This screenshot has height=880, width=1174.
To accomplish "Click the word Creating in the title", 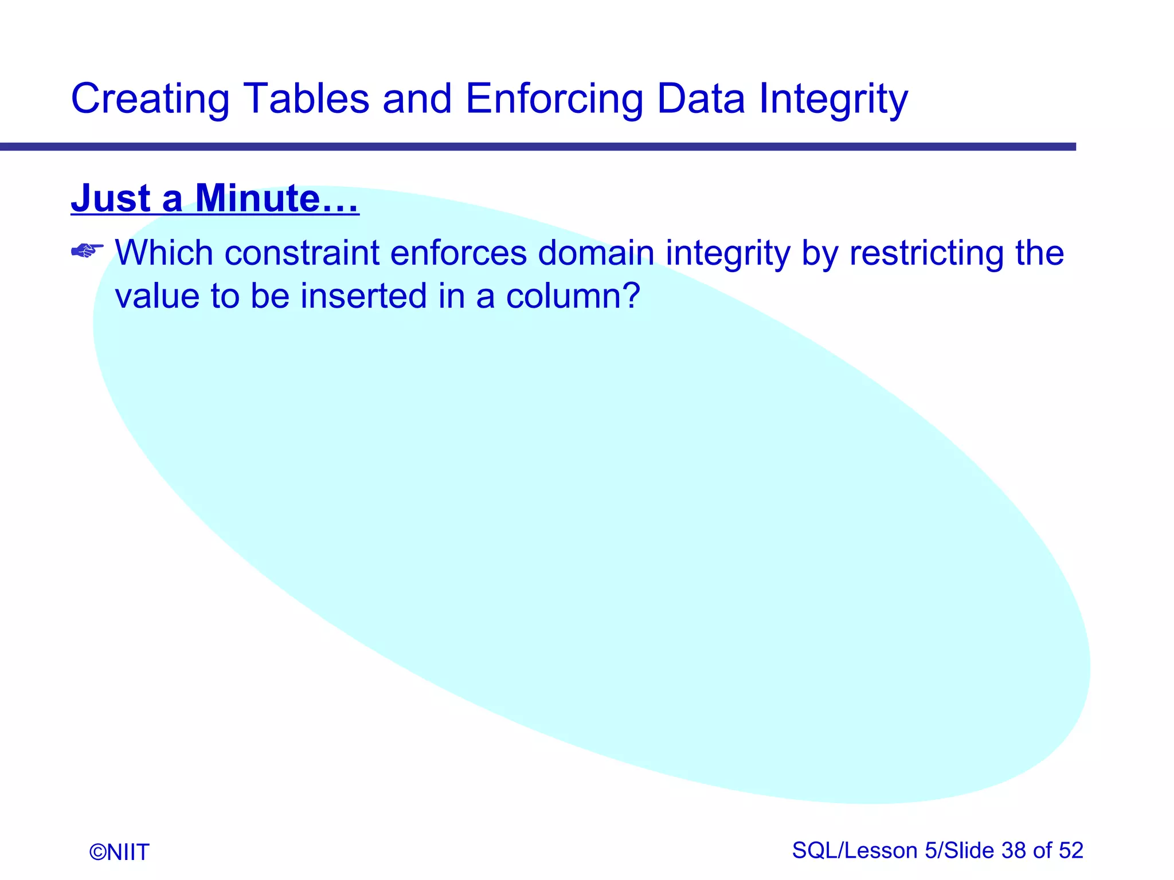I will tap(150, 99).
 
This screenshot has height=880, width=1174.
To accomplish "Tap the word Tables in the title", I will tap(306, 99).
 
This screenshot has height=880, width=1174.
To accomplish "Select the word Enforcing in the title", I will tap(554, 99).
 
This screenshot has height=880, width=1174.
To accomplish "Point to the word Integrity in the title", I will tap(833, 99).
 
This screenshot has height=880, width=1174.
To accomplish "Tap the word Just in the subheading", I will tap(111, 198).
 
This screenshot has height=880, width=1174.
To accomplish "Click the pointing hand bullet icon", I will tap(87, 251).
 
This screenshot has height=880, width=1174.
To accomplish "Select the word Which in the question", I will tap(164, 253).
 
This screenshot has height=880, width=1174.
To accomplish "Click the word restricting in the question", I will tap(926, 253).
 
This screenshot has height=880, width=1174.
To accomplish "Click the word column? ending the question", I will tap(573, 296).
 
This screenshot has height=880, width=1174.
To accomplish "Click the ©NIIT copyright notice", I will tap(119, 852).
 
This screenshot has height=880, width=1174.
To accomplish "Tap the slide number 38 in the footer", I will tap(1014, 851).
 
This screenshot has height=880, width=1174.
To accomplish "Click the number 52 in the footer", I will tap(1071, 851).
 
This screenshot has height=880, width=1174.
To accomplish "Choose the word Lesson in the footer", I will tap(881, 851).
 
